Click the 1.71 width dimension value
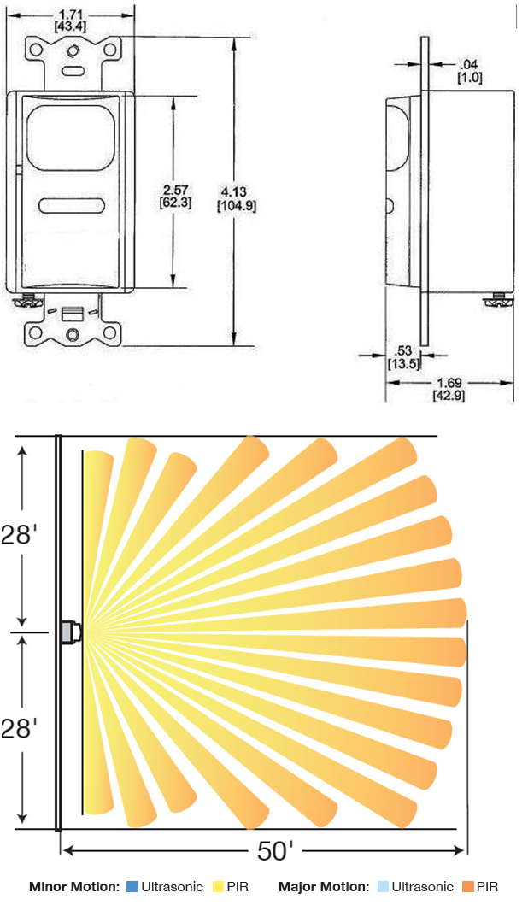click(70, 15)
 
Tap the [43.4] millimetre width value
click(70, 26)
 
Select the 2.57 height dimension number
click(175, 190)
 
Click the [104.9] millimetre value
click(237, 205)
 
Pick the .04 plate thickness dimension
click(468, 64)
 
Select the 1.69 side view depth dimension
click(449, 383)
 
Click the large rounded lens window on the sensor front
click(71, 139)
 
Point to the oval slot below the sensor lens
click(72, 206)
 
